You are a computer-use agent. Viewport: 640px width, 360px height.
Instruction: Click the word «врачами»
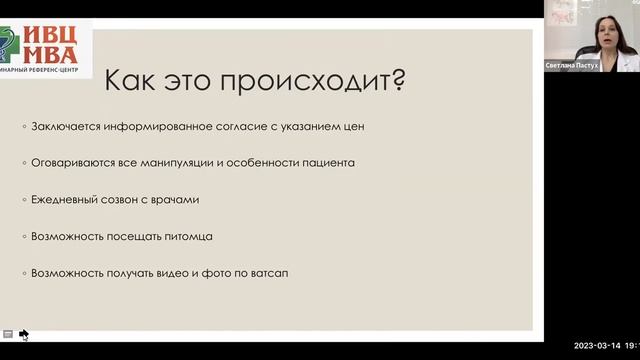pos(176,199)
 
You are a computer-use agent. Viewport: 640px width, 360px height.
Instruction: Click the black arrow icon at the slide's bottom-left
pos(24,334)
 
